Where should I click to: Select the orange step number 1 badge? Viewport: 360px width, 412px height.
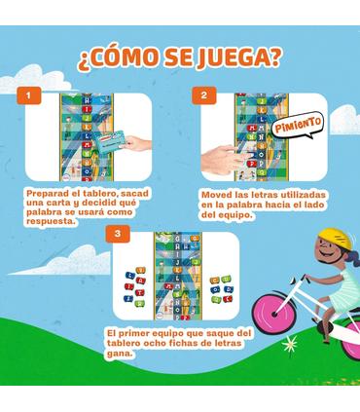pos(33,95)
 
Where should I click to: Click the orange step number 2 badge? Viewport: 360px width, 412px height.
pos(203,95)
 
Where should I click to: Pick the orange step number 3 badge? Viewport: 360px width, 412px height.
pos(117,234)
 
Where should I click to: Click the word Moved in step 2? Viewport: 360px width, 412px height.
pos(217,193)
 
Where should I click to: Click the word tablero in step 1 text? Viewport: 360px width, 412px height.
pos(99,193)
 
